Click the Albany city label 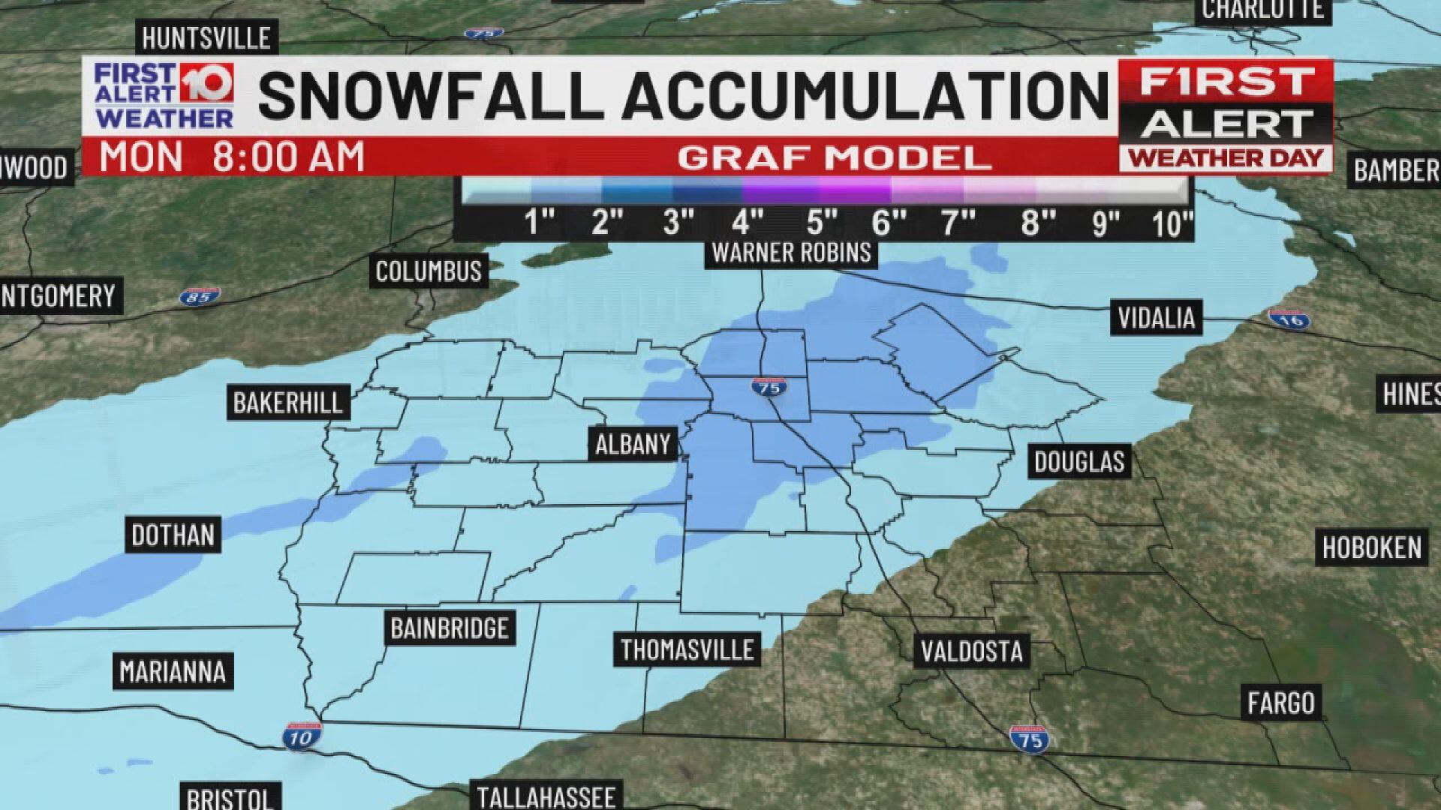(x=633, y=444)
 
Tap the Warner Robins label (x=791, y=253)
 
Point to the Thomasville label (x=687, y=649)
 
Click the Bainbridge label (x=450, y=627)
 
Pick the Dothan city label (x=173, y=535)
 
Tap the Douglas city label (x=1079, y=461)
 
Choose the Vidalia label (x=1156, y=318)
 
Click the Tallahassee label (x=546, y=796)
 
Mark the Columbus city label (x=429, y=271)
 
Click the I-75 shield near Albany (x=768, y=388)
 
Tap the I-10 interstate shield (x=302, y=737)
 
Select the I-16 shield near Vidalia (x=1289, y=319)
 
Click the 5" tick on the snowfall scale (x=821, y=223)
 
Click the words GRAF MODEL (x=834, y=157)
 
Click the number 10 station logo (x=204, y=84)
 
